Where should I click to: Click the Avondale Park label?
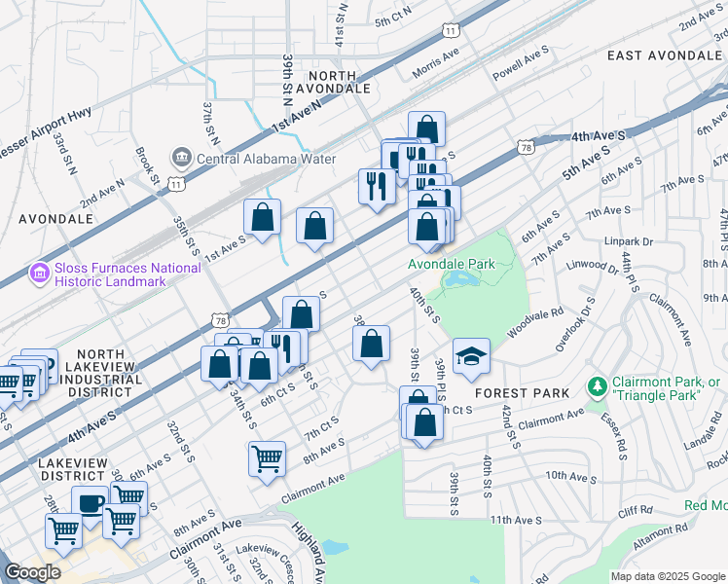[x=452, y=264]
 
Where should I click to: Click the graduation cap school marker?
[x=472, y=357]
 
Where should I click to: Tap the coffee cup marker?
[x=91, y=505]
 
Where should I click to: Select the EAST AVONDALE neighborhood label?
[x=666, y=55]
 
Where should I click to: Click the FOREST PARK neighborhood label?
[x=515, y=393]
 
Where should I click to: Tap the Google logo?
[x=32, y=572]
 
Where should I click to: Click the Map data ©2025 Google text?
[x=667, y=575]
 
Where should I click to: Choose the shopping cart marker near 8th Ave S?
[x=267, y=458]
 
